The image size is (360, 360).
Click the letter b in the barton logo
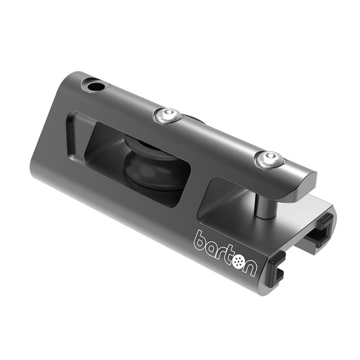[201, 240]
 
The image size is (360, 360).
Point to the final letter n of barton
[249, 267]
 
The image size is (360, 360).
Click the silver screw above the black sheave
[167, 116]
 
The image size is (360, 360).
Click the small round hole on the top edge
[94, 86]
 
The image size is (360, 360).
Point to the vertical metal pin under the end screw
[264, 203]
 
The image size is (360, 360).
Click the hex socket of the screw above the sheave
[167, 115]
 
